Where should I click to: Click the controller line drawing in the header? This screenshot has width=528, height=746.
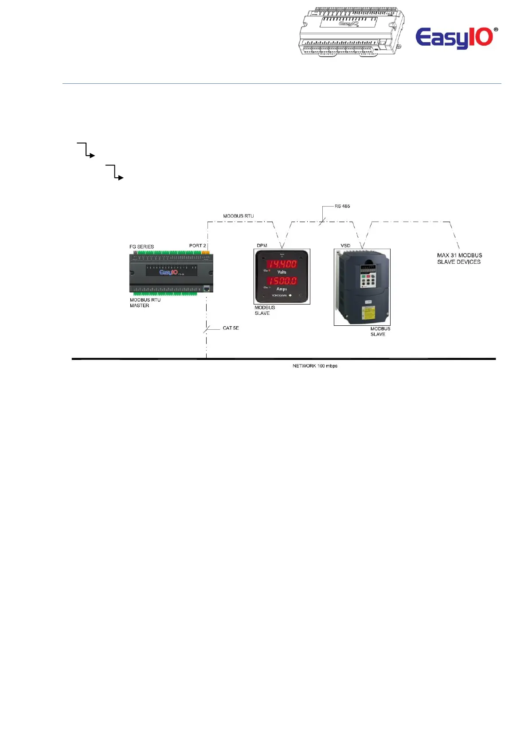(351, 31)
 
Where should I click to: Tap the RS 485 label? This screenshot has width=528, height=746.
(342, 206)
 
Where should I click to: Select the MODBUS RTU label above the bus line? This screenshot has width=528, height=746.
(238, 216)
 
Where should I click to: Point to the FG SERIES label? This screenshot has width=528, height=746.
(141, 246)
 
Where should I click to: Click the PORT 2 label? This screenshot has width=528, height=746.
(197, 246)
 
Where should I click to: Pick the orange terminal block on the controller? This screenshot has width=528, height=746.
(206, 252)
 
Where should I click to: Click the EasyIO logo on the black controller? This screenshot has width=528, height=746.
(168, 272)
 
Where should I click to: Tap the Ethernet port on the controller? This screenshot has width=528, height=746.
(207, 288)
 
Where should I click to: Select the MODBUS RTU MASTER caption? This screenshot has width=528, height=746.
(145, 303)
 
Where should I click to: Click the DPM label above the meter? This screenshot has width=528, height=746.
(262, 246)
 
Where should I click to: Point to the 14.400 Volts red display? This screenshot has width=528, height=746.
(282, 264)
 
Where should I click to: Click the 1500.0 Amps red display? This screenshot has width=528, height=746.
(282, 281)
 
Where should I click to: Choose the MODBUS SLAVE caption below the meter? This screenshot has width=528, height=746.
(265, 310)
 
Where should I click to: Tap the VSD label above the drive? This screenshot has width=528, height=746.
(345, 246)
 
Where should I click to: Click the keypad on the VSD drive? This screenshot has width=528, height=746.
(368, 281)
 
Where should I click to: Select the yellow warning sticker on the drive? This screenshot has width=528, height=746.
(368, 312)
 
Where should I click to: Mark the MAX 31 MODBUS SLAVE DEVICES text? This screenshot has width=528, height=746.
(459, 258)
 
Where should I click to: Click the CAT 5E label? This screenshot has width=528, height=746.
(231, 328)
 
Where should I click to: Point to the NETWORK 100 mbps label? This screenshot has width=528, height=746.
(315, 366)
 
